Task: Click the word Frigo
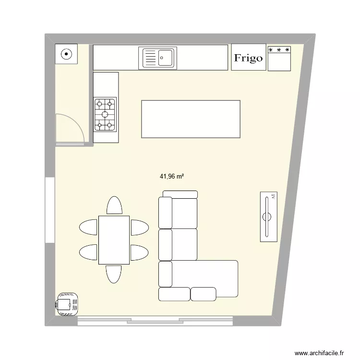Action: (x=248, y=58)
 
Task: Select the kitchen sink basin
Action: (x=166, y=58)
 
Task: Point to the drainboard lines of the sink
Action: (x=150, y=58)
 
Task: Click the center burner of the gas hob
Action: (x=105, y=114)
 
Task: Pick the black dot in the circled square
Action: (x=66, y=54)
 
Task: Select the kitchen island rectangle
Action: (x=191, y=119)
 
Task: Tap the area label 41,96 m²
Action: (x=172, y=176)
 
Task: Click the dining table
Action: (x=114, y=240)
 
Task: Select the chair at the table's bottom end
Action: (x=114, y=274)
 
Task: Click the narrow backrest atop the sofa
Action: (x=180, y=194)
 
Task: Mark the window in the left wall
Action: (x=50, y=210)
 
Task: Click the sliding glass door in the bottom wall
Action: (x=155, y=321)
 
